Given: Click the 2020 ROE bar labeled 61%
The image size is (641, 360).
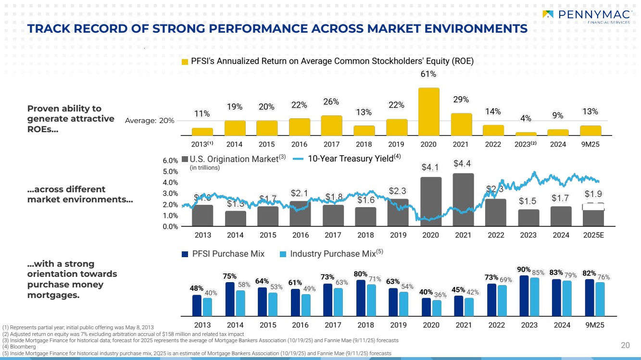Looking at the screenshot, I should pyautogui.click(x=428, y=111).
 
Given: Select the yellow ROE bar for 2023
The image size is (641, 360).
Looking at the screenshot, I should pyautogui.click(x=526, y=134).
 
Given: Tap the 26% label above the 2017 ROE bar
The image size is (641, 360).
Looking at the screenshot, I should pyautogui.click(x=331, y=102).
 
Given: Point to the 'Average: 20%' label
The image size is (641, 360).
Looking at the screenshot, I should pyautogui.click(x=150, y=121).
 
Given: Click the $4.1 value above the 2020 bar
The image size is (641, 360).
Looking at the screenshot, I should pyautogui.click(x=430, y=167).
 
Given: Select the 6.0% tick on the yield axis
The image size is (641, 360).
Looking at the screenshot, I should pyautogui.click(x=171, y=161).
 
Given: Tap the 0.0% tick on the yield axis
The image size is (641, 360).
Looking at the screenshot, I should pyautogui.click(x=171, y=227).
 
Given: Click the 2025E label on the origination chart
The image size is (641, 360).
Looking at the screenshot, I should pyautogui.click(x=594, y=236).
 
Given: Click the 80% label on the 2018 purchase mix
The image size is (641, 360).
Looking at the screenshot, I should pyautogui.click(x=361, y=274).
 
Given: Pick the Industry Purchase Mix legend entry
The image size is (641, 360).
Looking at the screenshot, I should pyautogui.click(x=331, y=254).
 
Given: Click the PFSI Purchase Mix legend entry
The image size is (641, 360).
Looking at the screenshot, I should pyautogui.click(x=224, y=254).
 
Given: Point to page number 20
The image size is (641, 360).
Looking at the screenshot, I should pyautogui.click(x=625, y=345).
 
